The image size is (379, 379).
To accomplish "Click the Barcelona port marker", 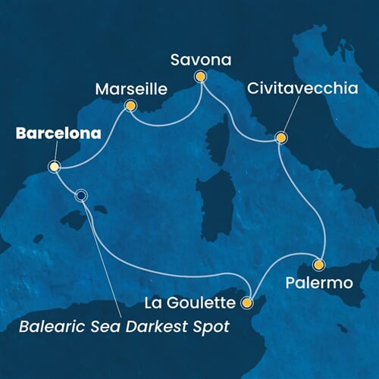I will coord(54,167).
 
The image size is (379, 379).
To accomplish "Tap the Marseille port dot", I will coord(130,106).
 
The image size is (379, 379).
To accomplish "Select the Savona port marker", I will coord(200,76).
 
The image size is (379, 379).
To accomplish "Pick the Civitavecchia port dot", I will coord(280,138).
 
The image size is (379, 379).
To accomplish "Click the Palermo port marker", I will coord(318,265).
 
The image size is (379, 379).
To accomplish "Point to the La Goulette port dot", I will coord(246,303).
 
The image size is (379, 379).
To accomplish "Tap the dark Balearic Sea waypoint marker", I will coord(81,196).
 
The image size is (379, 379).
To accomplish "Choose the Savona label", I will coord(201,58).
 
